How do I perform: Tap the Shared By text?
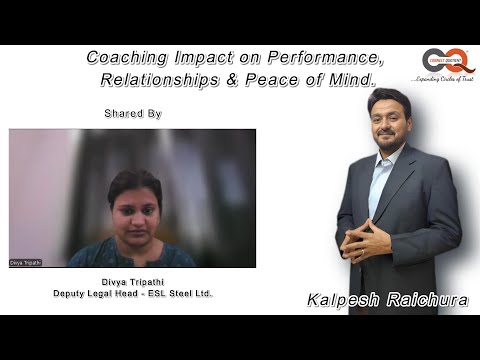132,113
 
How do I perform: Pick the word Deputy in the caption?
78,293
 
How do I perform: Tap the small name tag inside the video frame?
26,262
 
